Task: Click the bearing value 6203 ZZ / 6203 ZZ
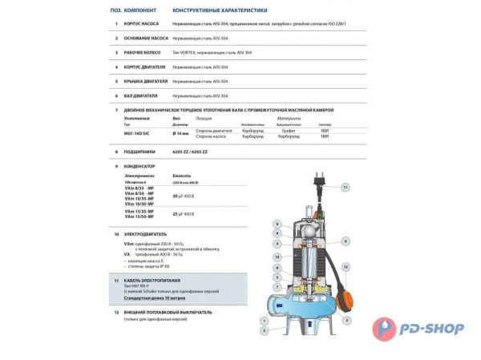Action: click(190, 151)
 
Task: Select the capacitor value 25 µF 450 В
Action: click(188, 214)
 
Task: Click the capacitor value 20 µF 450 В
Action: click(188, 196)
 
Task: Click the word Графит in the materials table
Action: click(288, 131)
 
